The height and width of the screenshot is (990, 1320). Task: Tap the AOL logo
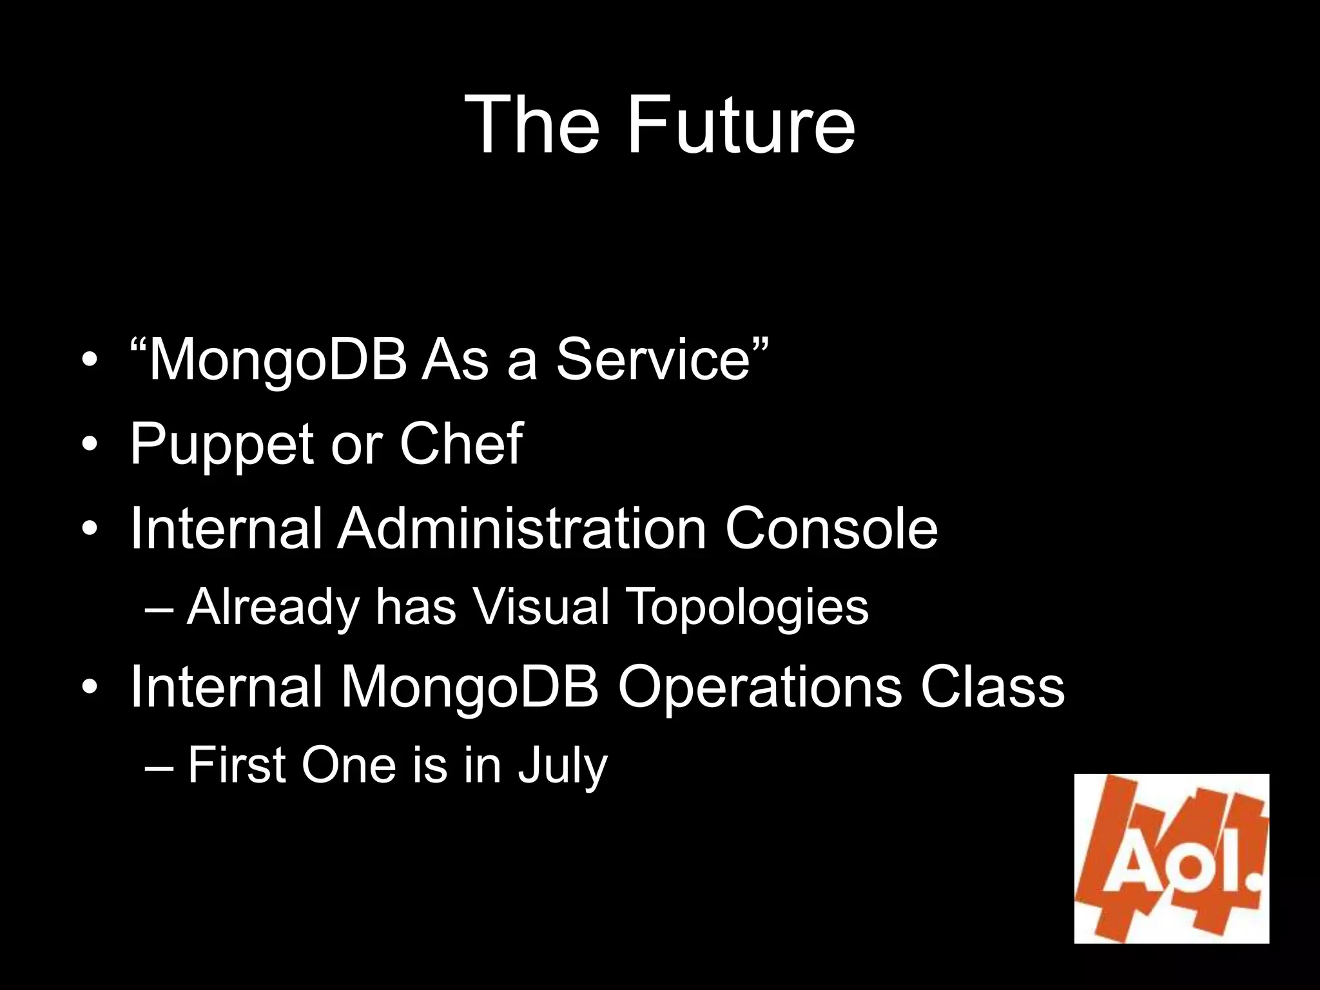point(1171,858)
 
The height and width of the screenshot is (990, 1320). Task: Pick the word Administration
point(522,529)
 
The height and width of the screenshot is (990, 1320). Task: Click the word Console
point(831,529)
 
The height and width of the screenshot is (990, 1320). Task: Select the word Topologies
point(748,608)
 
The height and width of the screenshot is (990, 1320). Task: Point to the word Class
point(992,686)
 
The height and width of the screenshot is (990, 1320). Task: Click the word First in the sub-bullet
point(237,765)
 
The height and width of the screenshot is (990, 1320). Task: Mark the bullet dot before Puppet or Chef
point(90,445)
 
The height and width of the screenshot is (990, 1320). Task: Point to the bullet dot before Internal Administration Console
point(90,529)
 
